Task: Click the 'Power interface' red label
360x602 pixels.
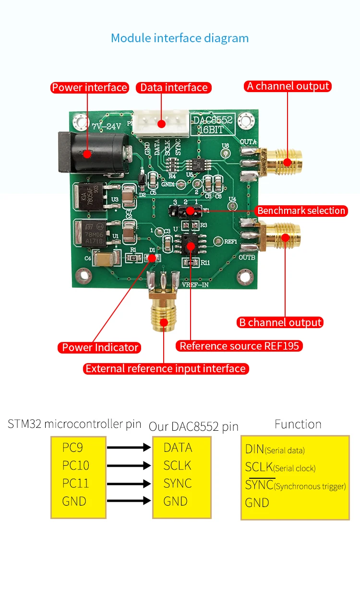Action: pos(89,87)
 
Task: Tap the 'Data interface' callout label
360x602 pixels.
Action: pos(174,87)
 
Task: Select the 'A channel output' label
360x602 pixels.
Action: pos(288,86)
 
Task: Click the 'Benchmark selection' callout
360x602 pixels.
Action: pos(301,211)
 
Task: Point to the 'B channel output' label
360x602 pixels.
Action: pos(280,322)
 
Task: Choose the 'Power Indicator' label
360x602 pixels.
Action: pos(100,347)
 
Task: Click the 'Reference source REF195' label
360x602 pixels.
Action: pos(239,346)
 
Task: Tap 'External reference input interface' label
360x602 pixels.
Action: pos(166,368)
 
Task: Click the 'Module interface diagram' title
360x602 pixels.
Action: pos(180,38)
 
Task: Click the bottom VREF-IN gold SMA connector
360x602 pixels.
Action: pos(164,312)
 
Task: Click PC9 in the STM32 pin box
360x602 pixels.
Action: pos(72,448)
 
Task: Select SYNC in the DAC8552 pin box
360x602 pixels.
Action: pos(178,483)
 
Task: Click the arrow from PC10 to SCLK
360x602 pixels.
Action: pos(129,465)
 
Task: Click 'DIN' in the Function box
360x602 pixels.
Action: pos(254,449)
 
